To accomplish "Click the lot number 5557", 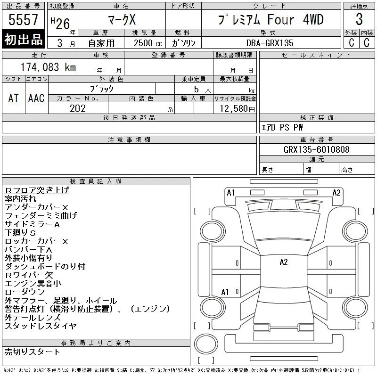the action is click(x=23, y=19).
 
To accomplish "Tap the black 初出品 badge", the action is click(x=23, y=39).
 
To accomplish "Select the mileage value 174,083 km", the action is click(x=48, y=67).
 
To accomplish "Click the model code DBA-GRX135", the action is click(x=270, y=43).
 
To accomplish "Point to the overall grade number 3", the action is click(x=359, y=19).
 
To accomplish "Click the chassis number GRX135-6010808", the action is click(x=316, y=149).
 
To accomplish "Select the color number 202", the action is click(x=78, y=108).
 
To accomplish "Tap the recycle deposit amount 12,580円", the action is click(x=237, y=108).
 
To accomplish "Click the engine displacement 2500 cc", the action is click(x=148, y=43).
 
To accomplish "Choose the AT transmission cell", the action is click(x=13, y=98).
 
